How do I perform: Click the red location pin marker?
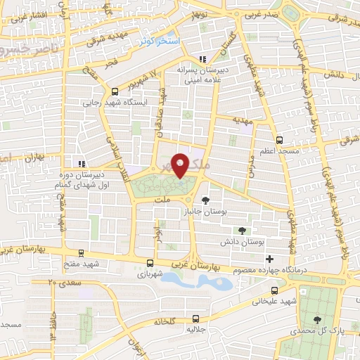click(181, 165)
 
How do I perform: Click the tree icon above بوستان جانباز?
click(205, 201)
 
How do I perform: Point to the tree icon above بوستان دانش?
click(243, 231)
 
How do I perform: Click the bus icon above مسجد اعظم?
click(279, 140)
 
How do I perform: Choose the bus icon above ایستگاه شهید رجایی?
click(115, 91)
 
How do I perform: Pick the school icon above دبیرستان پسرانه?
click(202, 59)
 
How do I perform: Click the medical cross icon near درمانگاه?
click(269, 247)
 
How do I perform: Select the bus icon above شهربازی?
click(149, 263)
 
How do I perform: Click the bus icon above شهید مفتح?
click(82, 252)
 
